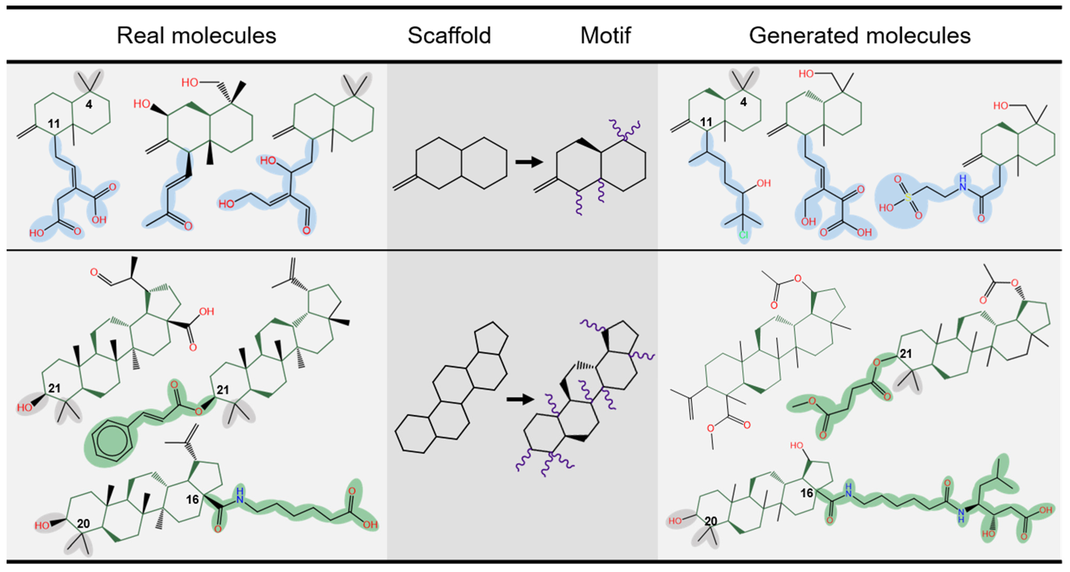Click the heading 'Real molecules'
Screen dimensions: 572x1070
pos(196,35)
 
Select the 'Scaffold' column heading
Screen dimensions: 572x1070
pos(449,35)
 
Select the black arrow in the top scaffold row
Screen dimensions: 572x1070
pos(529,162)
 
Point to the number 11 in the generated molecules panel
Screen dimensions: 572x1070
pos(706,122)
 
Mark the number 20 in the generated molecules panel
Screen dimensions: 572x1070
pos(711,521)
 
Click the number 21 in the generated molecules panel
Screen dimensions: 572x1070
pos(906,354)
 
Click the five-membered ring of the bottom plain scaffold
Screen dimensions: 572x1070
pos(492,338)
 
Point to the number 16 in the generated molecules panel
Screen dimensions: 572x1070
pos(807,493)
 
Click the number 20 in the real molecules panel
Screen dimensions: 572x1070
pos(83,523)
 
